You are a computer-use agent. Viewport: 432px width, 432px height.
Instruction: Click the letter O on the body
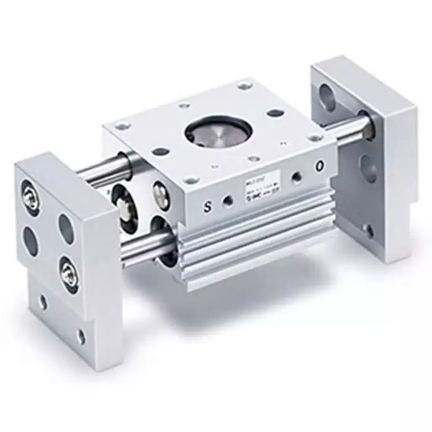click(319, 166)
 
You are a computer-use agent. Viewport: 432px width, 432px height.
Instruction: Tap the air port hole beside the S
click(228, 202)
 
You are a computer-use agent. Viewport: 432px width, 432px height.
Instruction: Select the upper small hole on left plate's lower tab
click(42, 302)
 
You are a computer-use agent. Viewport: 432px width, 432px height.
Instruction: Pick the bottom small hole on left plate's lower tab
click(81, 336)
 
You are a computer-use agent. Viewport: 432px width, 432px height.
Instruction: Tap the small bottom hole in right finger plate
click(368, 231)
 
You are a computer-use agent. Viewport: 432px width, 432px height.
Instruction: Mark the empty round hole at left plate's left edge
click(30, 241)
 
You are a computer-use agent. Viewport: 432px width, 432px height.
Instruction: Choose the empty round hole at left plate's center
click(67, 227)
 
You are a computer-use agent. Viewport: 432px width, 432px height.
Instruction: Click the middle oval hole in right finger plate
click(367, 167)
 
